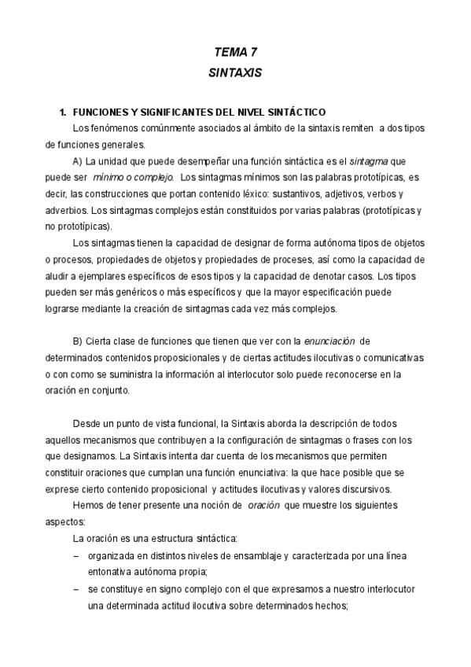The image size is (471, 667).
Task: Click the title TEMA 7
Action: click(x=236, y=52)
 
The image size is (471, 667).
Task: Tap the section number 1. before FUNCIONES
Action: click(x=54, y=112)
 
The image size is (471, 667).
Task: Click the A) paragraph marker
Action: click(x=78, y=160)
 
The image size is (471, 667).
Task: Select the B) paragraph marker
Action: click(x=78, y=341)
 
